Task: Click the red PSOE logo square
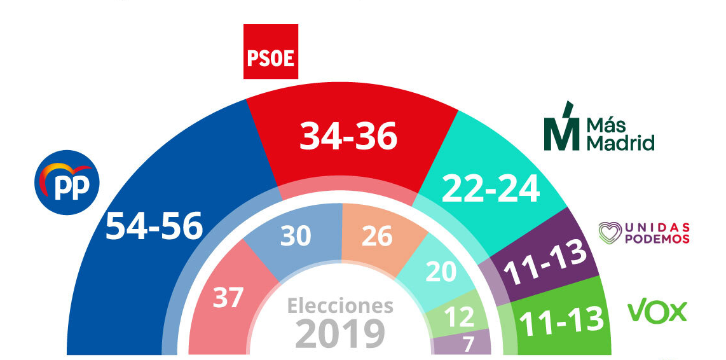(271, 52)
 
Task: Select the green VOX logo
(657, 312)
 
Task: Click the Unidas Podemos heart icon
(611, 233)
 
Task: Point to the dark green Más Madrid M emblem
(561, 127)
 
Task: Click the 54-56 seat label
(154, 225)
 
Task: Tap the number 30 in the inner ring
(296, 237)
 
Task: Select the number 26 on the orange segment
(377, 237)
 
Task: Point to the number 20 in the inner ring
(441, 272)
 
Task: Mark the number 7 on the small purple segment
(468, 344)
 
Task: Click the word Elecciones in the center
(340, 306)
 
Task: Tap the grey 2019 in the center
(341, 334)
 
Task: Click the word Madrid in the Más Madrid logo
(620, 144)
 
